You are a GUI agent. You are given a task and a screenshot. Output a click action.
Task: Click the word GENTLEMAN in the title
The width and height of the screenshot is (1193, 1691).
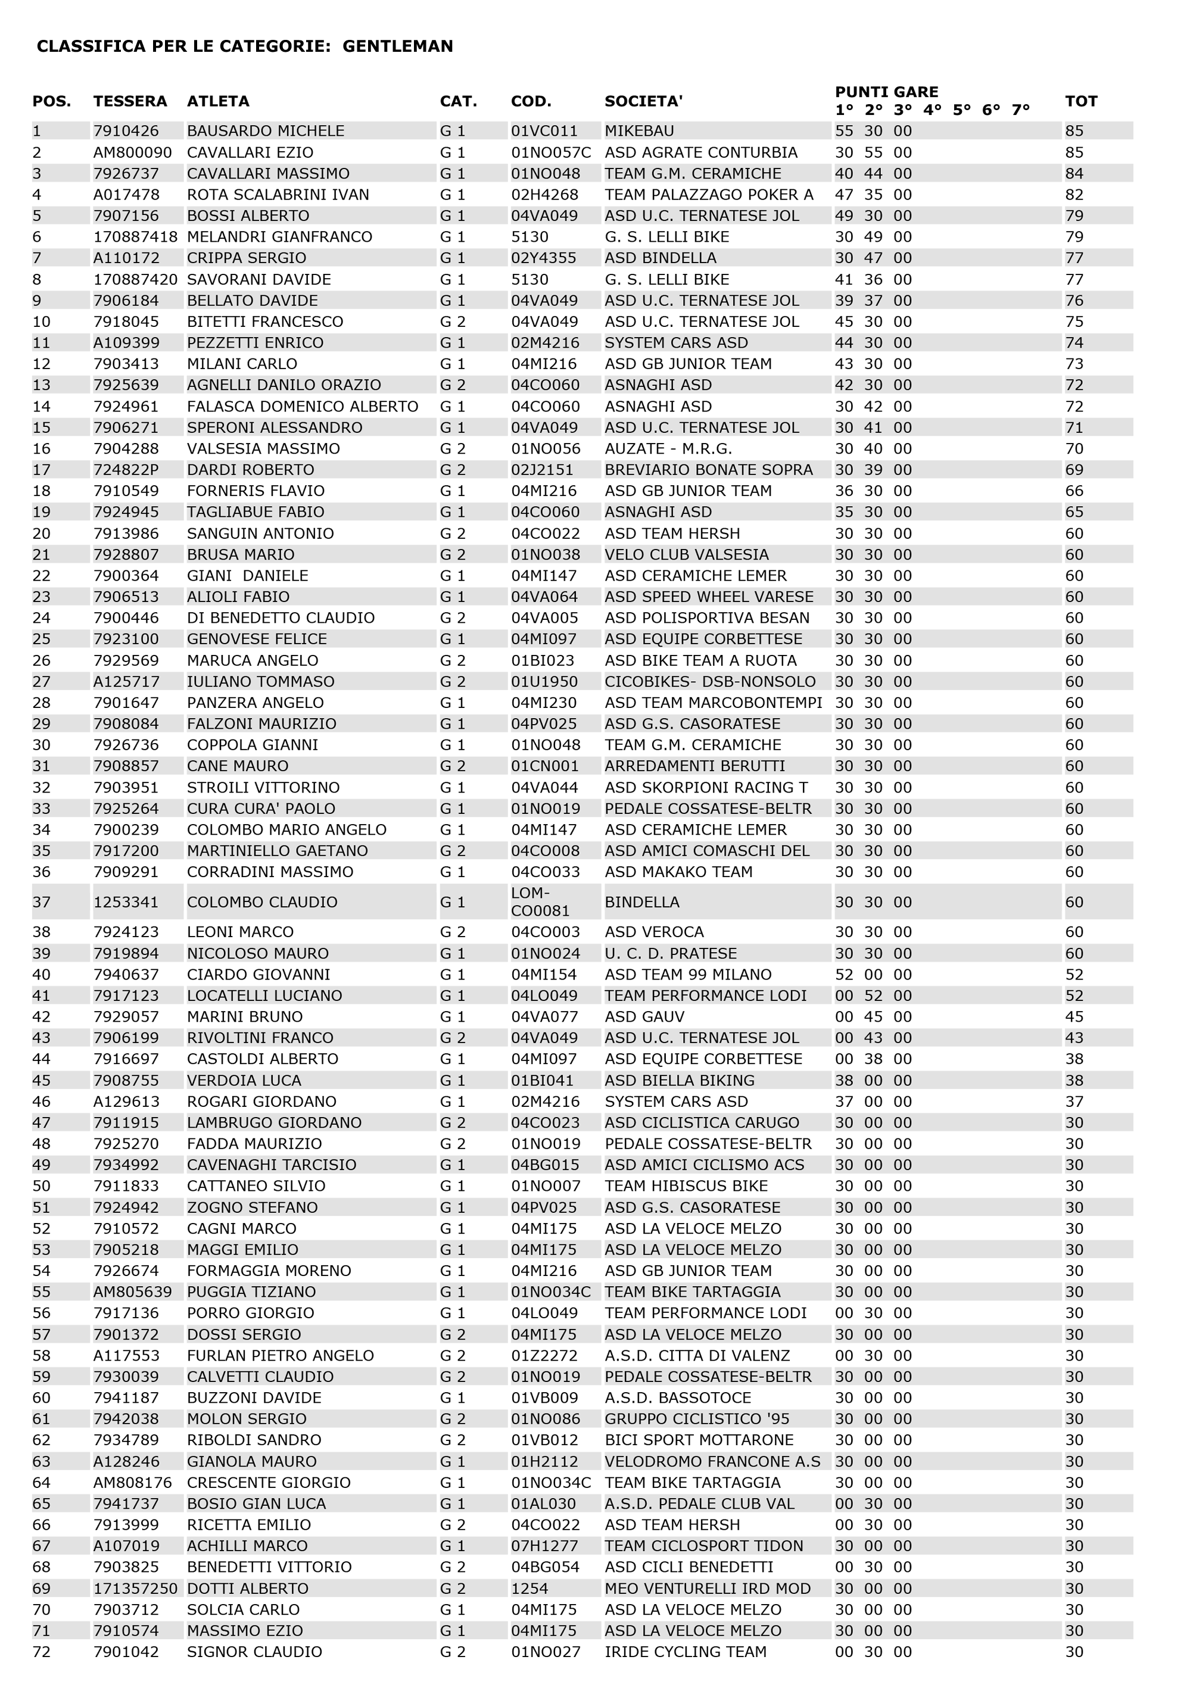click(397, 46)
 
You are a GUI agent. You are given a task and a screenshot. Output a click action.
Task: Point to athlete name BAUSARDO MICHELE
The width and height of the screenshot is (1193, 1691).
click(265, 131)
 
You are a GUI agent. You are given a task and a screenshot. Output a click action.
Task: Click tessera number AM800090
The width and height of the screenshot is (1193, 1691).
click(132, 152)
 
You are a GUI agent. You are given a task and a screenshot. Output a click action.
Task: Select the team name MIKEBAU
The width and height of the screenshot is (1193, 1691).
click(639, 131)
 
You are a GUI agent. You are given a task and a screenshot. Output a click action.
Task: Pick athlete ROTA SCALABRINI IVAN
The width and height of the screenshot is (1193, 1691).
click(278, 195)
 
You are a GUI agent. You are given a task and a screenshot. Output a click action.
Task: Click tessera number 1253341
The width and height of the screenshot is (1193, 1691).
click(125, 902)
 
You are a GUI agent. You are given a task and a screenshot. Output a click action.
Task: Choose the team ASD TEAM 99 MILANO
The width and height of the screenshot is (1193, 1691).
click(687, 974)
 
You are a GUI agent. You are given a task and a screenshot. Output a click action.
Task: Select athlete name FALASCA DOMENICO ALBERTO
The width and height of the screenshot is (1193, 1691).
click(302, 407)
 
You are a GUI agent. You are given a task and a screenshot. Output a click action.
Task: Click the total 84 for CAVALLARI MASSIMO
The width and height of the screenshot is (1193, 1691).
click(1074, 174)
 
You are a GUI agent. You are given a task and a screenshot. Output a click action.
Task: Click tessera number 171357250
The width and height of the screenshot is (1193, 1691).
click(135, 1589)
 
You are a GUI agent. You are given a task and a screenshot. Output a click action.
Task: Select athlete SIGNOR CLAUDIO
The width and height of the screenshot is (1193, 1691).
click(254, 1652)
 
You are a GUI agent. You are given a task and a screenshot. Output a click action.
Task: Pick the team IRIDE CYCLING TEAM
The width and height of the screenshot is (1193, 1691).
click(686, 1652)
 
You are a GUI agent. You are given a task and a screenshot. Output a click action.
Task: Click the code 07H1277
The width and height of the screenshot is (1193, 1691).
click(544, 1546)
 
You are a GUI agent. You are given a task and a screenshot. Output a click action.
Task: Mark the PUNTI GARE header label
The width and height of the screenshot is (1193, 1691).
click(886, 92)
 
